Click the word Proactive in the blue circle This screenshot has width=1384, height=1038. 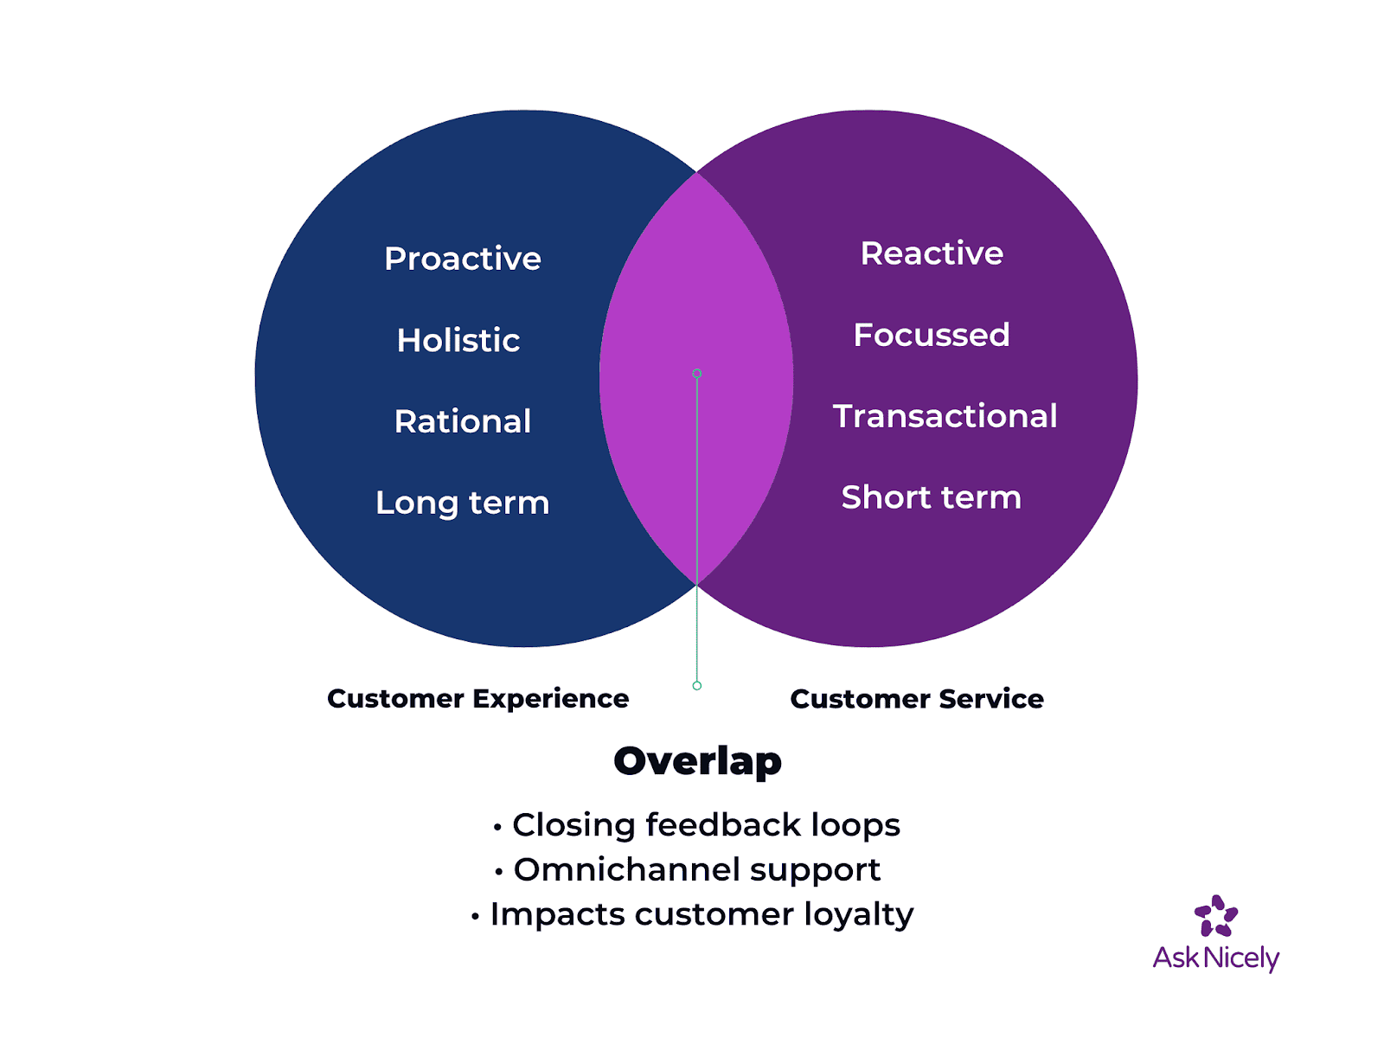(463, 259)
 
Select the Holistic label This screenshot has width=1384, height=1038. (458, 340)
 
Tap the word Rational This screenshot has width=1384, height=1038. (463, 421)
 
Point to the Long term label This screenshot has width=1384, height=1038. (463, 503)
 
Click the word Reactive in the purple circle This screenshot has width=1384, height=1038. (932, 253)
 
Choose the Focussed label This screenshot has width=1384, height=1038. (932, 335)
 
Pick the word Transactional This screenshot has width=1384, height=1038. (945, 416)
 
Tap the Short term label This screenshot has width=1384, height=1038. (932, 497)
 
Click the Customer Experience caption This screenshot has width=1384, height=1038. (477, 698)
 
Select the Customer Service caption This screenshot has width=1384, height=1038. (917, 698)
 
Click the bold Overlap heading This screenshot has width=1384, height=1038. (697, 761)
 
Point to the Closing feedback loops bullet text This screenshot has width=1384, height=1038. (706, 825)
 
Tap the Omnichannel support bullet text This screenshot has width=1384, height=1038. (697, 869)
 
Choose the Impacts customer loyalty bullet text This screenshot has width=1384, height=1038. (702, 914)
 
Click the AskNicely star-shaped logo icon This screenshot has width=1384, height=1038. (1216, 916)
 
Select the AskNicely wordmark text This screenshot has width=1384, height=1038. (1216, 958)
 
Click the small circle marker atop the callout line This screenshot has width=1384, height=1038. (697, 374)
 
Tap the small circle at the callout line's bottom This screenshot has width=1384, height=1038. (697, 686)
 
